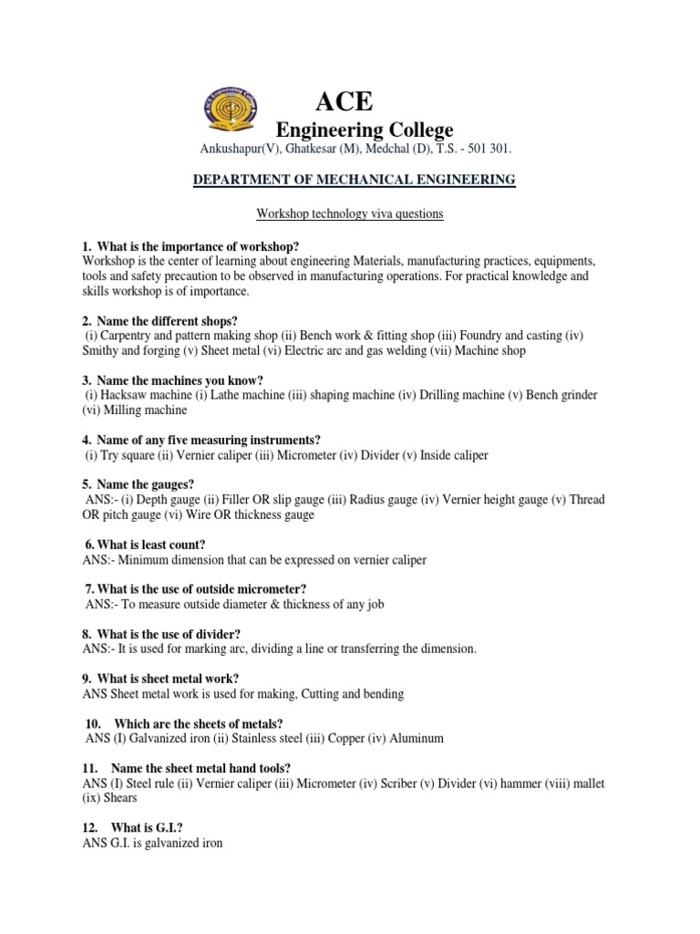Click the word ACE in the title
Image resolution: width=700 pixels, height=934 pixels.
(344, 100)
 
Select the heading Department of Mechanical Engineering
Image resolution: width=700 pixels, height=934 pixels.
(354, 180)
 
